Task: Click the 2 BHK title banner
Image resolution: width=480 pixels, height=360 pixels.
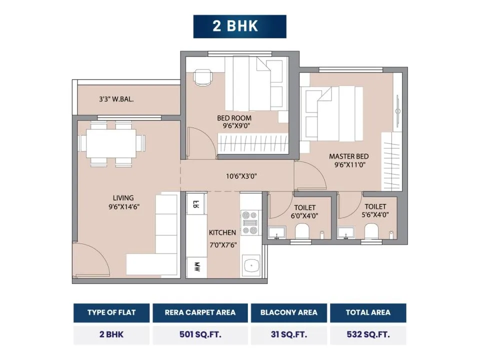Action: point(239,26)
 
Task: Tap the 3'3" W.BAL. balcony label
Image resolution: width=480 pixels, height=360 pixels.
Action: point(116,99)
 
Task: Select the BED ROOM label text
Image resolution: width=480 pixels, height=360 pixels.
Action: point(234,118)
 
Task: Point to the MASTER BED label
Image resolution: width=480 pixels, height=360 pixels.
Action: point(348,156)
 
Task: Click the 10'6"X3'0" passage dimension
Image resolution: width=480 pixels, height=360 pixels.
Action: point(241,176)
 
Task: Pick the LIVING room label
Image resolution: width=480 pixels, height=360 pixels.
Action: point(123,198)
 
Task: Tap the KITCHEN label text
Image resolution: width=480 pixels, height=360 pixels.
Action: point(222,232)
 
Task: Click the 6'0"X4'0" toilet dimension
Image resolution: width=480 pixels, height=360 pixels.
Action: point(304,216)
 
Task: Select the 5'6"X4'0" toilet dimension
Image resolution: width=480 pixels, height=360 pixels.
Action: point(375,215)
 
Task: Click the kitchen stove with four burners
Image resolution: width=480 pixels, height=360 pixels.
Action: point(250,222)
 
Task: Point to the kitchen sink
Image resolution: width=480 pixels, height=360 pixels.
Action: point(251,265)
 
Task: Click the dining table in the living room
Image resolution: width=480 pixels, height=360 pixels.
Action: point(111,143)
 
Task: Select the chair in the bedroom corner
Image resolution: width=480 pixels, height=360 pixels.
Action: point(202,77)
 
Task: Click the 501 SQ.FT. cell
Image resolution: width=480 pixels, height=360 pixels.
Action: point(200,334)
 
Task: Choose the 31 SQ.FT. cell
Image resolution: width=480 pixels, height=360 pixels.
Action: point(288,334)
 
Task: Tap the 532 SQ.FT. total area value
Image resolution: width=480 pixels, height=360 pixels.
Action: point(368,334)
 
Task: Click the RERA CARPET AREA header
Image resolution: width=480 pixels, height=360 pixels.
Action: point(200,312)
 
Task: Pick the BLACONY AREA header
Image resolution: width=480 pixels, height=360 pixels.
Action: point(288,312)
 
